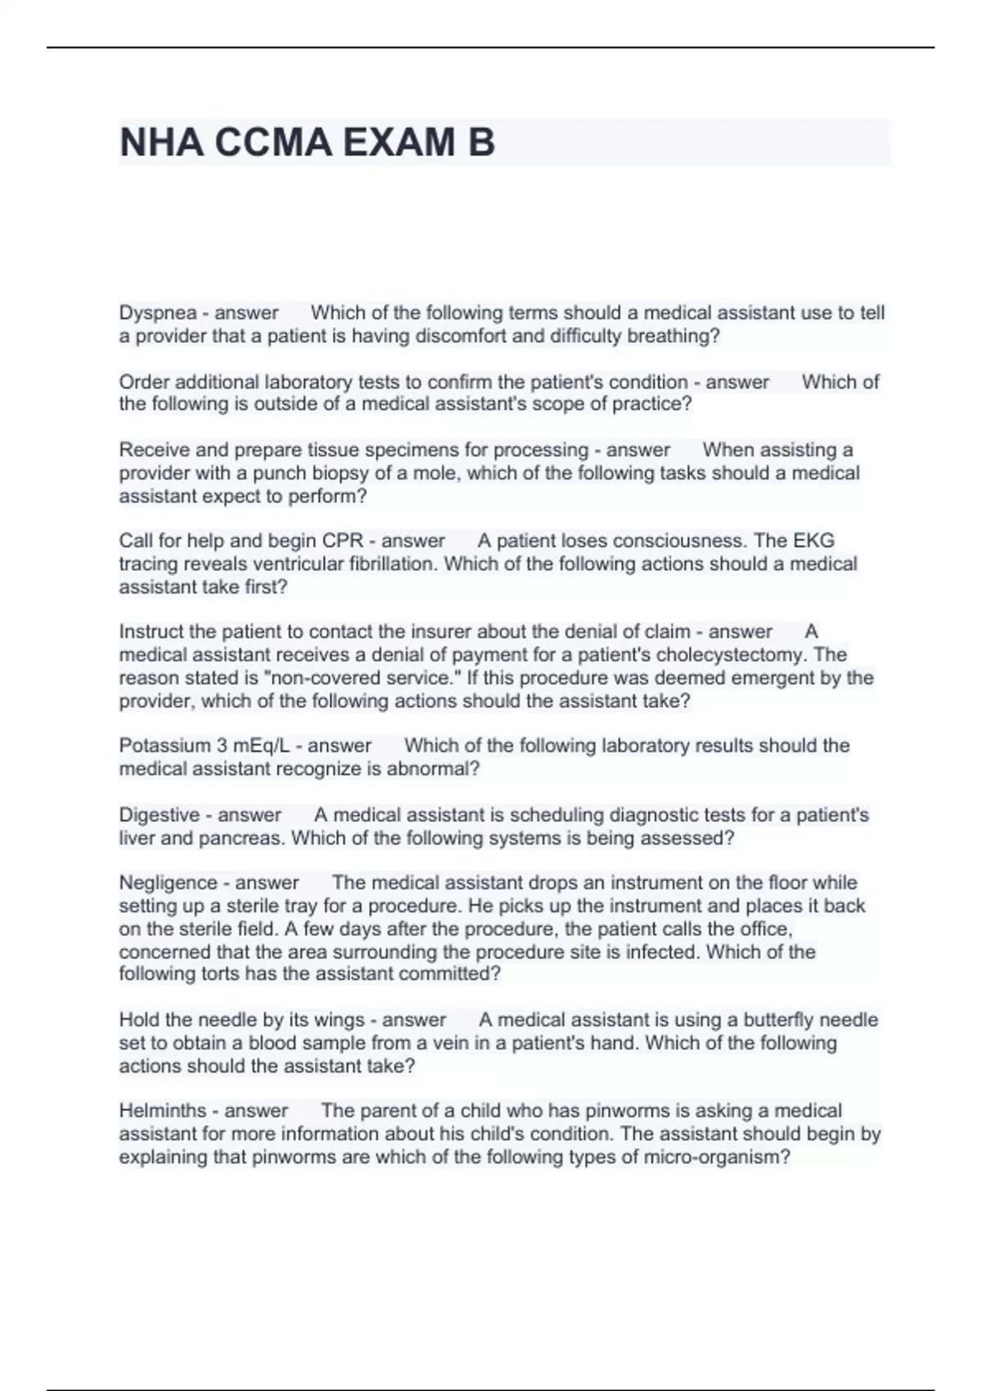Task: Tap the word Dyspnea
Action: pyautogui.click(x=158, y=313)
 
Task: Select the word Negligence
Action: pyautogui.click(x=173, y=883)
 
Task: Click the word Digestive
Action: pyautogui.click(x=159, y=815)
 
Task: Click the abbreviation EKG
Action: pyautogui.click(x=813, y=541)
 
